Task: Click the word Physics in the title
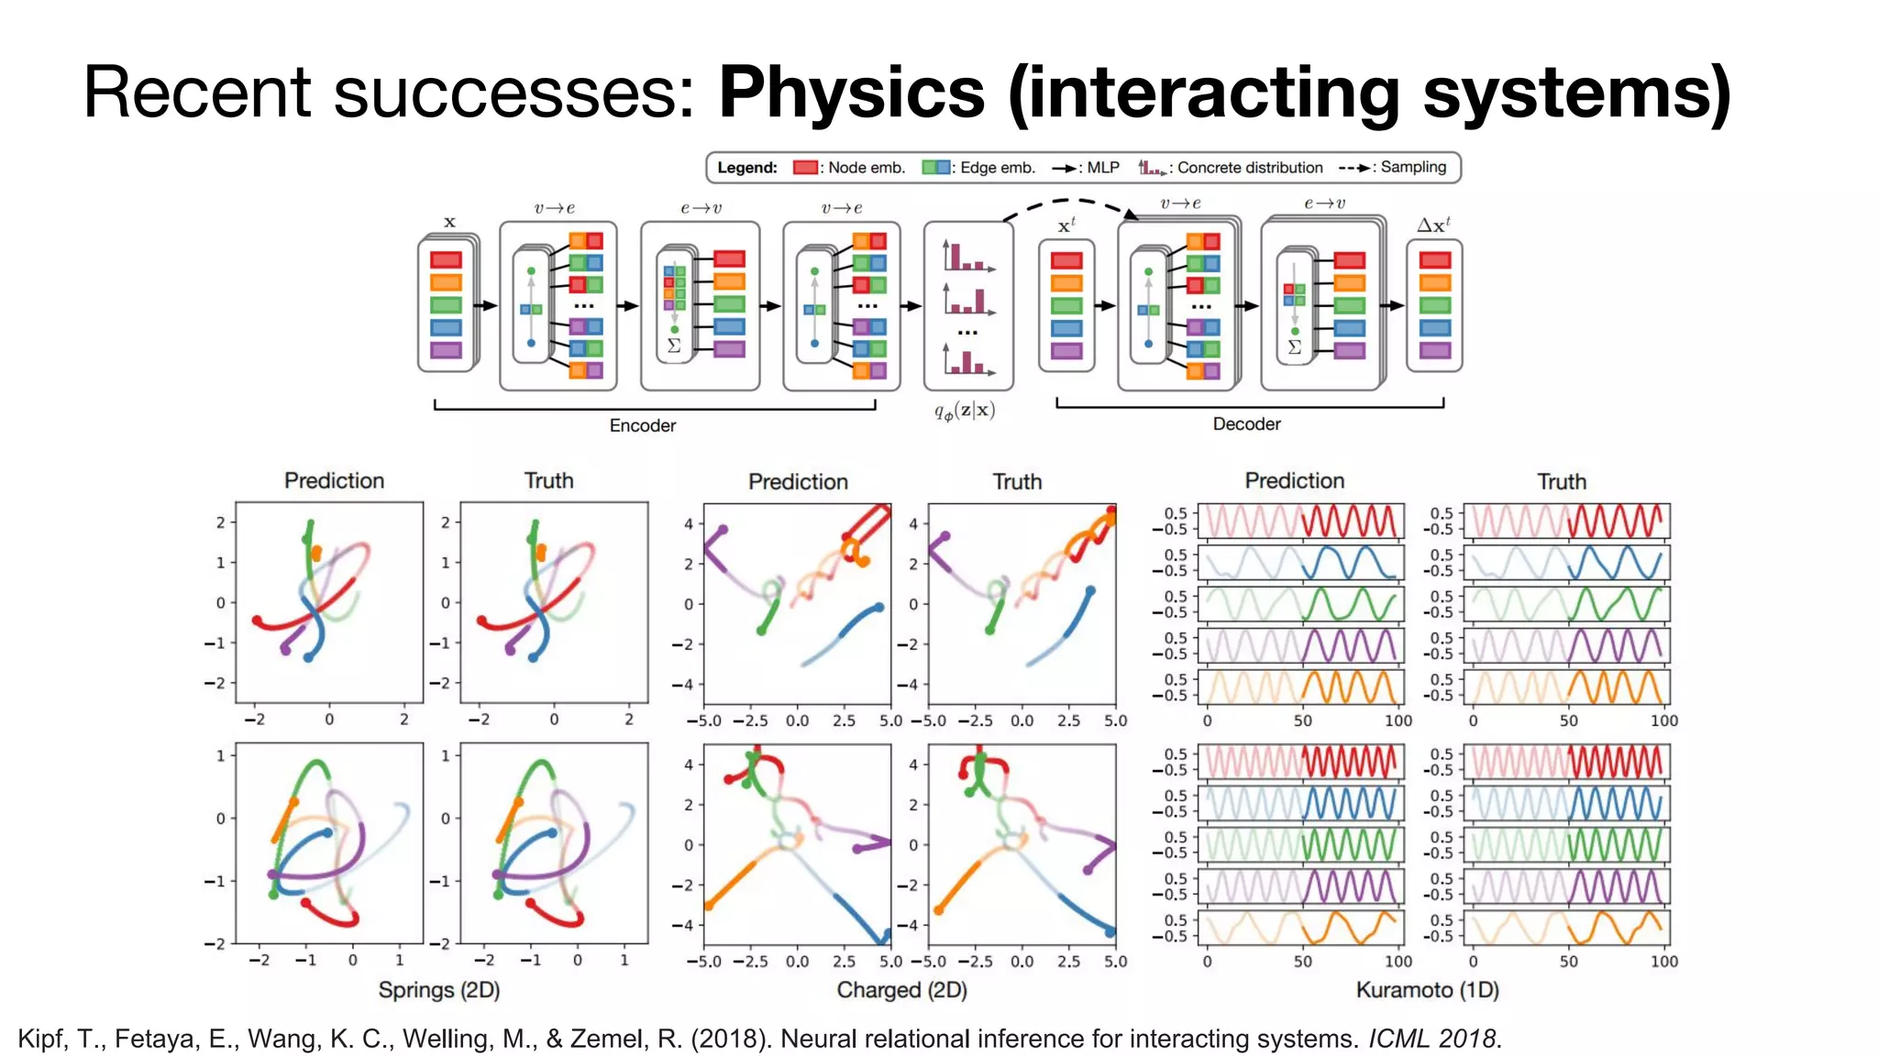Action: [x=851, y=93]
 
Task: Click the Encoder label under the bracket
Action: [x=642, y=425]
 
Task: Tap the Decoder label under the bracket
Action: [x=1246, y=423]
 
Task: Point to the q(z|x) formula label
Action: [x=965, y=411]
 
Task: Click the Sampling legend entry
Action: [x=1394, y=167]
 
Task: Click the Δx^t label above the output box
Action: [x=1433, y=225]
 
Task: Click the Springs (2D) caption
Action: [x=439, y=990]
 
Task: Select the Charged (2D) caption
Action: [x=901, y=990]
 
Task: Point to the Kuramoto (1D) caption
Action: [x=1427, y=990]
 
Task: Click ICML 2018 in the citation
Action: [x=1432, y=1039]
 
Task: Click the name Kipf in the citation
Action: [x=40, y=1039]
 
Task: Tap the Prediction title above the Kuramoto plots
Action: [x=1294, y=480]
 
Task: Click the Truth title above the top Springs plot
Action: [x=548, y=480]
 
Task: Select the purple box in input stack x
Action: [x=446, y=350]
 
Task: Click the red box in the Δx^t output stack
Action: [x=1434, y=260]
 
